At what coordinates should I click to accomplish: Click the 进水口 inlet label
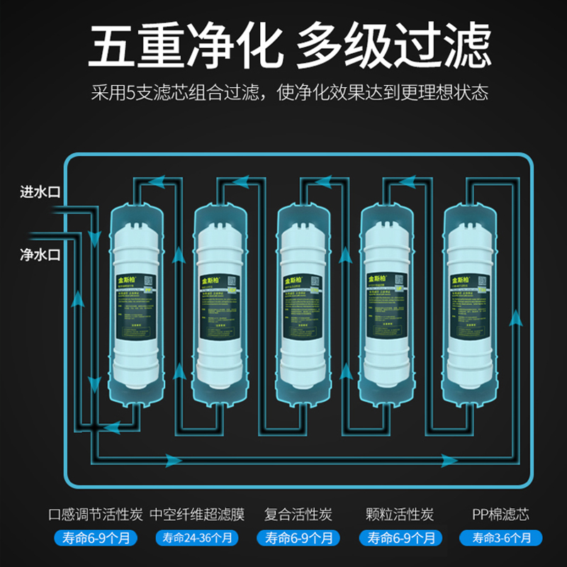[x=40, y=191]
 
